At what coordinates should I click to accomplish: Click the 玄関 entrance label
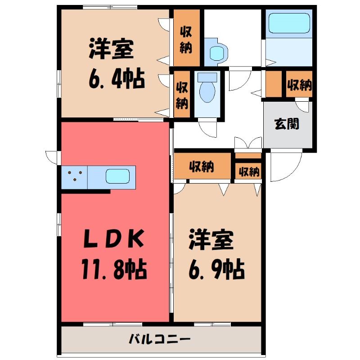pos(287,124)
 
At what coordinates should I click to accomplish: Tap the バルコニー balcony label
pos(160,339)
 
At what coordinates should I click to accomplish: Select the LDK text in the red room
pos(114,239)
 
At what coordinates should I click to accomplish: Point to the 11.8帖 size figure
pos(114,269)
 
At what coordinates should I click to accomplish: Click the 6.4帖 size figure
pos(117,79)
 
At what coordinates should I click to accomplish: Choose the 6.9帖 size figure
pos(216,269)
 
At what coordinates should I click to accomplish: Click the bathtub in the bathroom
pos(289,23)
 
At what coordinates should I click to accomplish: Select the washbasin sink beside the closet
pos(216,52)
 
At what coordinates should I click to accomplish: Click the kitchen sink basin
pos(117,176)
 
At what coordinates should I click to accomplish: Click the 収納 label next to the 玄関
pos(299,85)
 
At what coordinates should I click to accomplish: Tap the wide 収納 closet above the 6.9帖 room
pos(202,166)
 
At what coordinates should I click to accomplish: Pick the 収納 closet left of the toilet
pos(182,94)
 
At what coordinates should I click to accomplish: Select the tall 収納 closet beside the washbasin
pos(186,38)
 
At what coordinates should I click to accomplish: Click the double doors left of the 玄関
pos(248,143)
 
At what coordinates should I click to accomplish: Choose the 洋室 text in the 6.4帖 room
pos(112,49)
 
